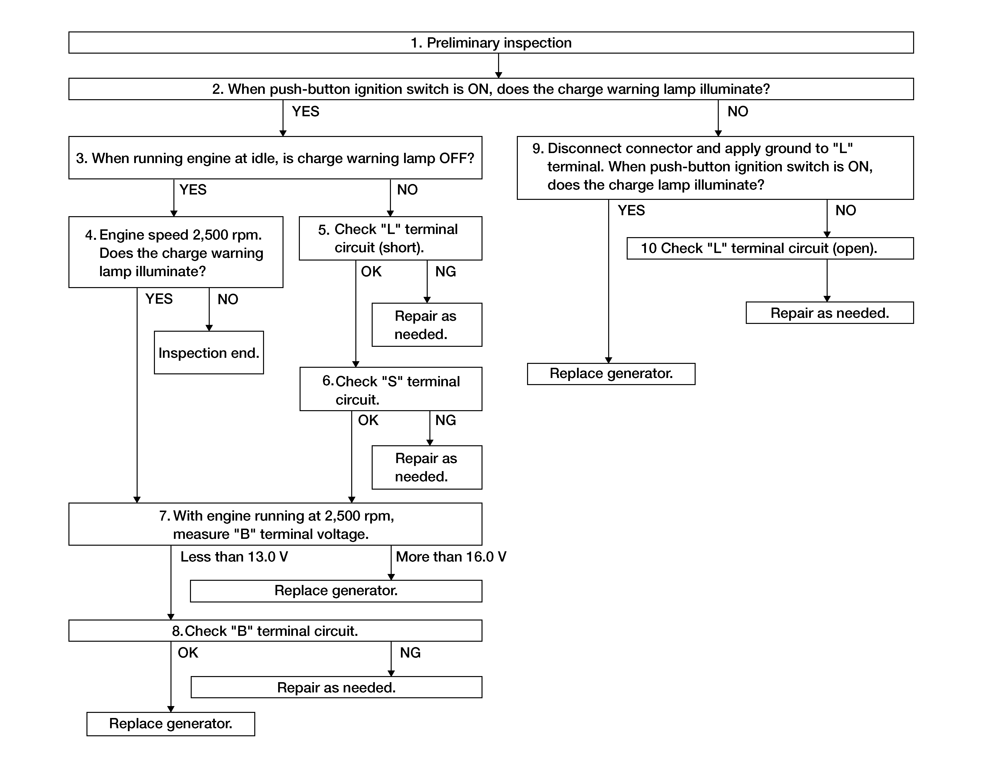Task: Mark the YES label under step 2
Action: (305, 111)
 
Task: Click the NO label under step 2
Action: (738, 111)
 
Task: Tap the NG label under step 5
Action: (445, 271)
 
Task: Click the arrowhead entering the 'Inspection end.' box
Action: (209, 328)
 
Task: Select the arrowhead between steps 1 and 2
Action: (499, 75)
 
